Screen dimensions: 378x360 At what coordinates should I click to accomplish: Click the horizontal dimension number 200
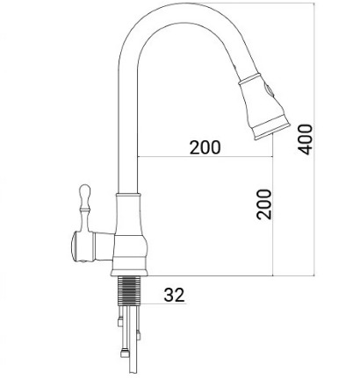tap(205, 147)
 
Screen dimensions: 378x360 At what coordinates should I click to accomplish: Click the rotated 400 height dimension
tap(305, 137)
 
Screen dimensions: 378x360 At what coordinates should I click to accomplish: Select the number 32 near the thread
tap(175, 296)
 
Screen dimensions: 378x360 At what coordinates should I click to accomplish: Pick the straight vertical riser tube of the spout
tap(127, 123)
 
